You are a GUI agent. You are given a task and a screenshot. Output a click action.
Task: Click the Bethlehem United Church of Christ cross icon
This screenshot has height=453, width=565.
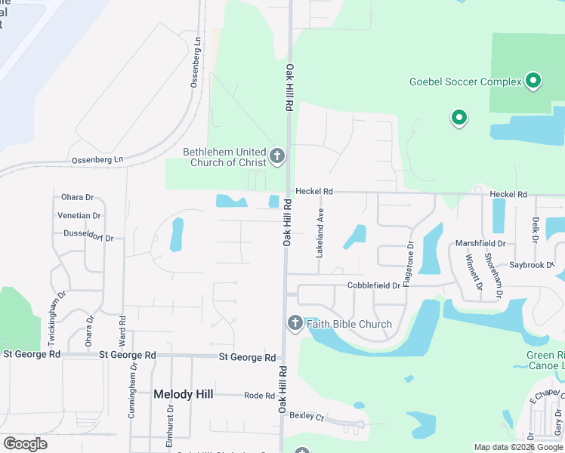click(x=277, y=156)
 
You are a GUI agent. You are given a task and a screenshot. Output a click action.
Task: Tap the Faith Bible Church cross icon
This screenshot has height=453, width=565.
click(x=295, y=324)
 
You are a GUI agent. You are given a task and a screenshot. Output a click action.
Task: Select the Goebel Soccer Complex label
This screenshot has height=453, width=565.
click(x=465, y=82)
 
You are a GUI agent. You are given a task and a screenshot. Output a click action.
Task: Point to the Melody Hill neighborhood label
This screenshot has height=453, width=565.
click(x=184, y=394)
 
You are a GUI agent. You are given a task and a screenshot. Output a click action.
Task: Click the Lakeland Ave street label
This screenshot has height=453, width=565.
click(x=320, y=233)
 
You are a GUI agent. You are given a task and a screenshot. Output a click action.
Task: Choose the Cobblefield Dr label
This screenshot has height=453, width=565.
click(x=373, y=285)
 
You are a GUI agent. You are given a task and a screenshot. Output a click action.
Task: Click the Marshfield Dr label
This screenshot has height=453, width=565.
click(x=480, y=244)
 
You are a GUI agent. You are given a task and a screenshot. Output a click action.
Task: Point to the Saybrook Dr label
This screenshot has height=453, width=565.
click(x=532, y=265)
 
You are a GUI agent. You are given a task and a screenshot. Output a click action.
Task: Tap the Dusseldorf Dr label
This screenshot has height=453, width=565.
click(x=88, y=236)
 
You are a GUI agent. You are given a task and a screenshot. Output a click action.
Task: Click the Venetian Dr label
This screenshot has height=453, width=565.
click(x=80, y=214)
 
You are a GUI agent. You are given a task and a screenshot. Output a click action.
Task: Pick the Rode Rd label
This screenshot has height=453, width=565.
click(x=259, y=395)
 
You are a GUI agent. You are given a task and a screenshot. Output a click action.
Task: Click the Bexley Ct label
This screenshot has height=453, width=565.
click(x=307, y=417)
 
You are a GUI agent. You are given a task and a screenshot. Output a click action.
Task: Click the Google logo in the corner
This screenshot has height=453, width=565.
click(x=25, y=443)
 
